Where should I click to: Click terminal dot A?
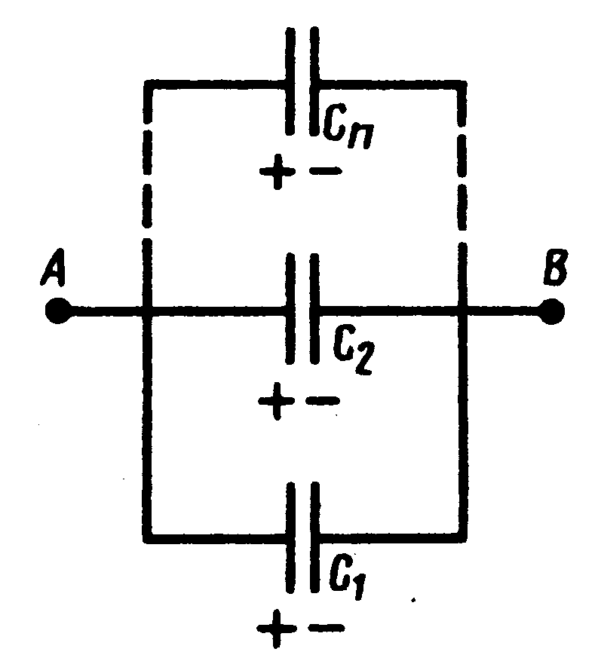(x=57, y=311)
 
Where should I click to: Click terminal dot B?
(x=553, y=311)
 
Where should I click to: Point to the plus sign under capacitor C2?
(x=274, y=400)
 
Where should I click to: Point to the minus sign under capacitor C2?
(x=323, y=400)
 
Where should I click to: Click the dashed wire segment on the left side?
(x=148, y=181)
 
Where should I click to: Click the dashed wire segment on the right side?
(x=462, y=181)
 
